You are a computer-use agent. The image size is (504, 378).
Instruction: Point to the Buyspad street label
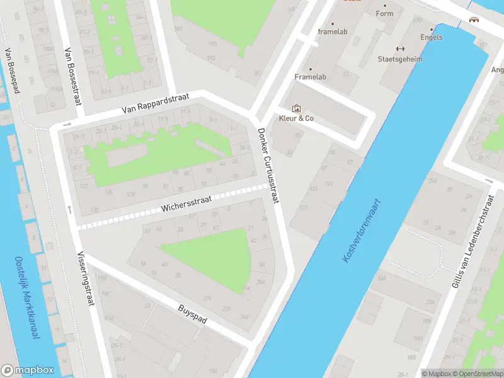pos(193,312)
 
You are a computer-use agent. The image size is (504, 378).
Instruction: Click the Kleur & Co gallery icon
pos(296,108)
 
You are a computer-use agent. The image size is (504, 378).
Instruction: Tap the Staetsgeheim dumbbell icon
pos(399,49)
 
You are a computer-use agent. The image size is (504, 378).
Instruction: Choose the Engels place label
pos(432,37)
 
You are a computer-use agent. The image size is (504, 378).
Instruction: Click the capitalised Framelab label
pos(310,77)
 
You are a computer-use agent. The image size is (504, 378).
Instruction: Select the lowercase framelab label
pos(332,31)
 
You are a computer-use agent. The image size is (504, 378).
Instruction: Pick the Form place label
pos(384,13)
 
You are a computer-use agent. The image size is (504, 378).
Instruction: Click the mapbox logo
pos(28,370)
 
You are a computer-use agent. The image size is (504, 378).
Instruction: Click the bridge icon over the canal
pos(474,20)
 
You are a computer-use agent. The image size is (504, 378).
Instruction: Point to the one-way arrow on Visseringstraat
pos(69,209)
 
